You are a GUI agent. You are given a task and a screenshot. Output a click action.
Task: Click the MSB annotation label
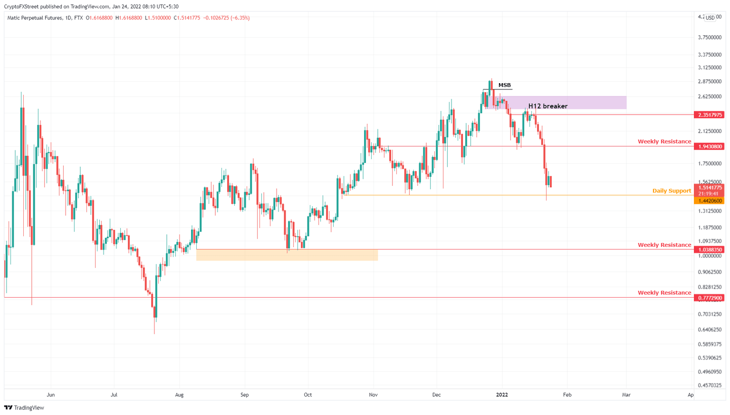pos(504,86)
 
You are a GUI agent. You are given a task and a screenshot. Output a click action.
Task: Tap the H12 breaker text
pos(547,106)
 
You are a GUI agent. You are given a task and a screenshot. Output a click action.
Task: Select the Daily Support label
pos(672,191)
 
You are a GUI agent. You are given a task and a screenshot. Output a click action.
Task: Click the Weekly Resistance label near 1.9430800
pos(664,142)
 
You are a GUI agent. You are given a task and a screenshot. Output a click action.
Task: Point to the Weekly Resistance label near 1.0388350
pos(664,245)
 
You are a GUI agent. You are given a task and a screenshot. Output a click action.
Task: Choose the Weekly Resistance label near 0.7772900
pos(664,293)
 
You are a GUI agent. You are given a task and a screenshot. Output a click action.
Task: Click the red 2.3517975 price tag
pos(709,115)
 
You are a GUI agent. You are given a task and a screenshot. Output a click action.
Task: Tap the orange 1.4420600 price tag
pos(709,201)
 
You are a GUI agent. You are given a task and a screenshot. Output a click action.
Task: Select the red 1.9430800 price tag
pos(709,146)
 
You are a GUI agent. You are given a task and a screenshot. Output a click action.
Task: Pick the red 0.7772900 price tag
pos(709,298)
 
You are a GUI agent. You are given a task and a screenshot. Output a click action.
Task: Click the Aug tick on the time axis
pos(179,395)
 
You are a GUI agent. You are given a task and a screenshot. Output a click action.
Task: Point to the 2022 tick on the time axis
pos(502,395)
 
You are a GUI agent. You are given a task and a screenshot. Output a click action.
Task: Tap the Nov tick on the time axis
pos(373,395)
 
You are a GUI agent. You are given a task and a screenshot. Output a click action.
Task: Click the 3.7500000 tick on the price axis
pos(709,38)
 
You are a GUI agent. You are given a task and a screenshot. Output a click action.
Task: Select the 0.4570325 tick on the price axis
pos(709,386)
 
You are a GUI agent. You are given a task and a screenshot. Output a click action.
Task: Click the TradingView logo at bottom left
pos(24,408)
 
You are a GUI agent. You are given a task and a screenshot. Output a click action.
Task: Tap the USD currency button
pos(710,18)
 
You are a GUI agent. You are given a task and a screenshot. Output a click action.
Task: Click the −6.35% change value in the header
pos(240,18)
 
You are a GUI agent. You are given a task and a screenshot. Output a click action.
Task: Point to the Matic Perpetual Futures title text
pos(35,18)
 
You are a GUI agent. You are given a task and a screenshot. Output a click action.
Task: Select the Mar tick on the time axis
pos(626,395)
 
